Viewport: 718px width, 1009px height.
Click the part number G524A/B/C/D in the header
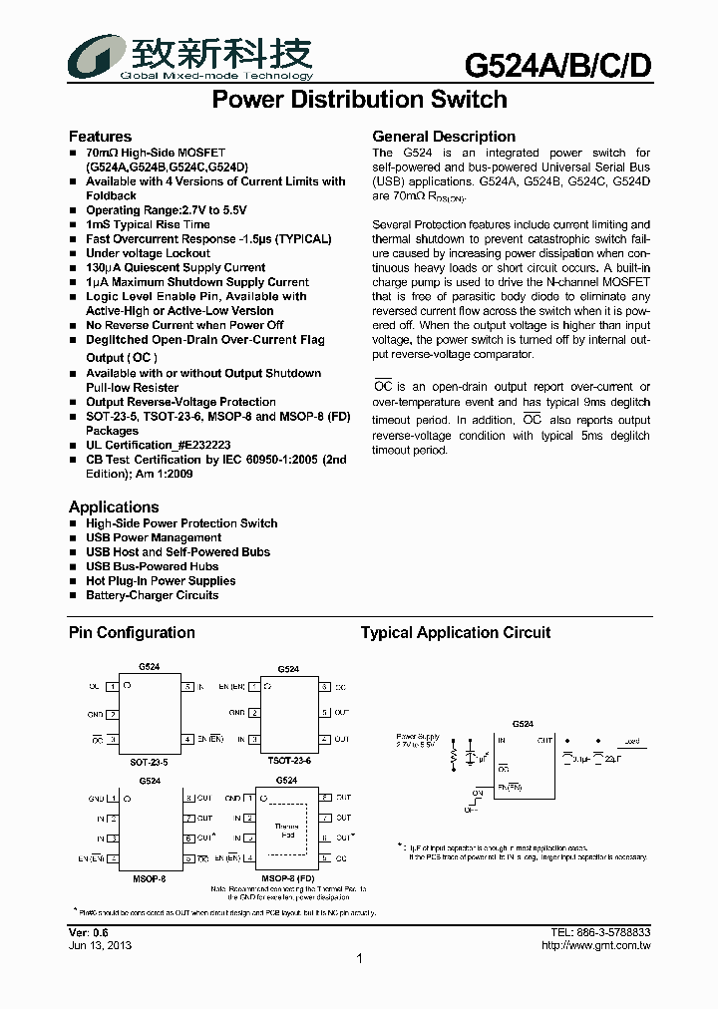click(x=558, y=65)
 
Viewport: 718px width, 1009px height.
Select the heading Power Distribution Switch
click(x=360, y=100)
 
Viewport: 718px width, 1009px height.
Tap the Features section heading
click(x=100, y=137)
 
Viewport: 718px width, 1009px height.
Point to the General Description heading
click(x=444, y=137)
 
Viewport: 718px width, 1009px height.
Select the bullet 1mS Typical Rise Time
click(x=148, y=224)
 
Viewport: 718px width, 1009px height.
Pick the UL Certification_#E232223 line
click(x=158, y=445)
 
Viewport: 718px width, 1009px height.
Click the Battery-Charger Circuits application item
click(x=152, y=595)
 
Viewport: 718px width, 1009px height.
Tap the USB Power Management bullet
click(x=153, y=537)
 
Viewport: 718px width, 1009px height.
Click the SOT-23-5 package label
click(x=150, y=761)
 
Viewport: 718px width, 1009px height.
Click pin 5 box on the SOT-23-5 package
click(x=187, y=687)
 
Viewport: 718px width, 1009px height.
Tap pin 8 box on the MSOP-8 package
click(x=187, y=799)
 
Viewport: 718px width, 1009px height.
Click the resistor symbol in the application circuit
click(x=455, y=758)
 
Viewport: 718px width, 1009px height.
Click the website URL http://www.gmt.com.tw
click(x=595, y=945)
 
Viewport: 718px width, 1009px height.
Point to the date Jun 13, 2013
click(x=100, y=945)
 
